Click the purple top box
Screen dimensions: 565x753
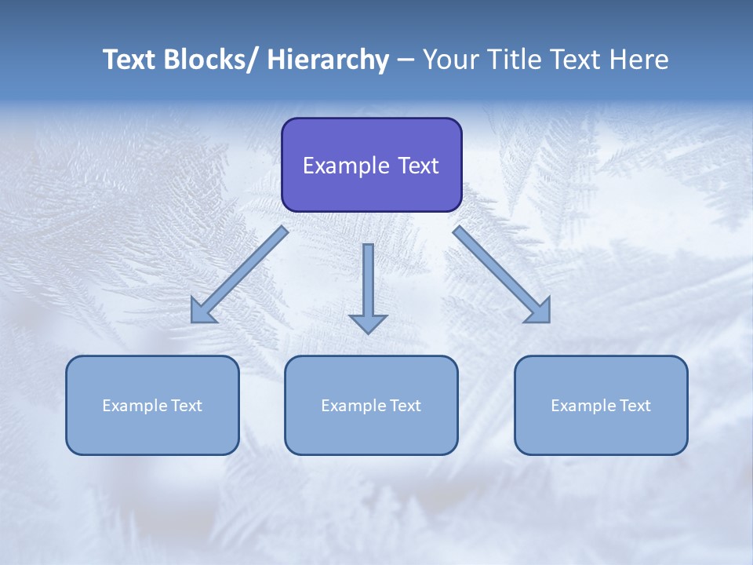371,165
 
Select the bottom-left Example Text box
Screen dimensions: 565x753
152,405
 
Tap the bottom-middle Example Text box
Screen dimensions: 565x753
371,405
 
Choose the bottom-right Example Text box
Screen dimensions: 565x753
601,405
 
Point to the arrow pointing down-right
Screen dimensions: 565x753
502,275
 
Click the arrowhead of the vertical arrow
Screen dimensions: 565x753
368,323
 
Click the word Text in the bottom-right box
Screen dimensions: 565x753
635,405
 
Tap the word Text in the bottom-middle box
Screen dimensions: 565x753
405,405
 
